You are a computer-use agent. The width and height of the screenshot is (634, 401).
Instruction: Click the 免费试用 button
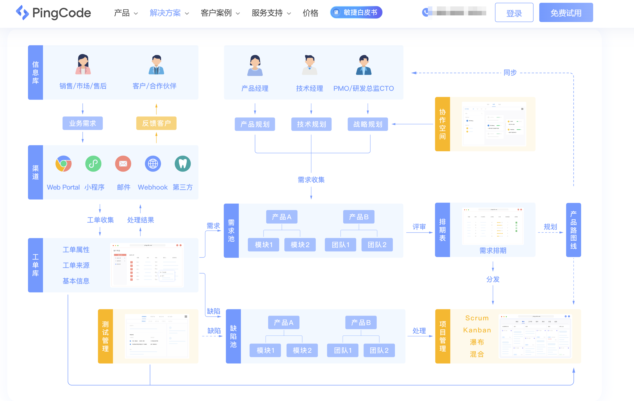tap(566, 13)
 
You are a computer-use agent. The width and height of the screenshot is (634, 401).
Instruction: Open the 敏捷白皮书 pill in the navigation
tap(356, 12)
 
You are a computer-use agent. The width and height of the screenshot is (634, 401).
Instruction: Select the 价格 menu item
tap(310, 13)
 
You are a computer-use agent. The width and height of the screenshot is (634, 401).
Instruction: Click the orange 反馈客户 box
tap(156, 123)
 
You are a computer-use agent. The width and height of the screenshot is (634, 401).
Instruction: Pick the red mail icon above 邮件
tap(123, 164)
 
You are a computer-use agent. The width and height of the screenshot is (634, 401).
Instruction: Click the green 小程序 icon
tap(93, 164)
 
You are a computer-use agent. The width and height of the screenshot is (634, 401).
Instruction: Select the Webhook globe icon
tap(153, 164)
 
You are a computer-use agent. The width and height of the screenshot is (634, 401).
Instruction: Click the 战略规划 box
tap(368, 124)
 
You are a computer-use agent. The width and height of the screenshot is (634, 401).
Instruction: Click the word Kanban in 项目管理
tap(477, 330)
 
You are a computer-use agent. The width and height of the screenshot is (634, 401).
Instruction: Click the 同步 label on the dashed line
tap(510, 73)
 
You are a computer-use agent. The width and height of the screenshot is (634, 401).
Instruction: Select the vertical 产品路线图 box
tap(573, 230)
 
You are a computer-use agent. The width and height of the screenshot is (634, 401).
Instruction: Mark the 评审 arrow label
tap(419, 227)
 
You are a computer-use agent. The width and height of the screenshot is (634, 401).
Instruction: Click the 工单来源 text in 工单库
tap(76, 265)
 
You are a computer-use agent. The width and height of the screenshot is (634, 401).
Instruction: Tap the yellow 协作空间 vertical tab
tap(442, 124)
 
